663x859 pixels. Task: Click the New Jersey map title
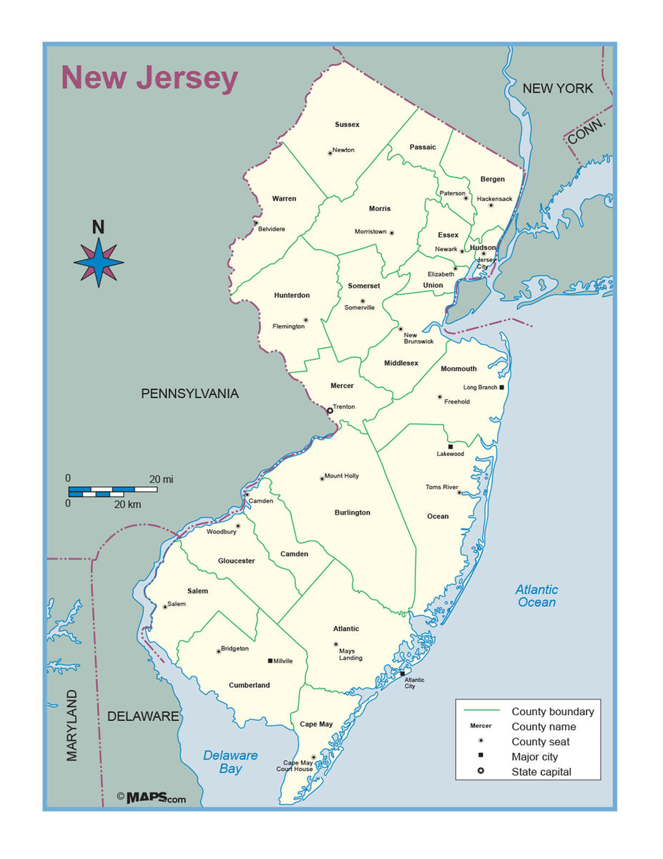(x=149, y=78)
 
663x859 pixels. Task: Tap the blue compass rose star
(x=99, y=263)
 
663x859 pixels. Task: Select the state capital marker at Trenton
(x=330, y=410)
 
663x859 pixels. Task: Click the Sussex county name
(x=347, y=125)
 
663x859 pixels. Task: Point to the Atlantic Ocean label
(x=536, y=596)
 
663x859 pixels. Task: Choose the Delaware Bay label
(x=230, y=762)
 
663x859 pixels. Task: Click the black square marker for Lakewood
(x=450, y=447)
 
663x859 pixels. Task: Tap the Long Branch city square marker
(x=502, y=387)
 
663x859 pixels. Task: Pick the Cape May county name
(x=316, y=724)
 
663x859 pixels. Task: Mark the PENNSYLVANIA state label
(x=190, y=394)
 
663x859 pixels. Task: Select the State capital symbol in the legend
(x=481, y=772)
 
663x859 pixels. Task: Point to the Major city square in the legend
(x=481, y=757)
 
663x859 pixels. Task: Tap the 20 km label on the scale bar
(x=127, y=504)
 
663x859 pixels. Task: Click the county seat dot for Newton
(x=330, y=152)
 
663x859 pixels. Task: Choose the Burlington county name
(x=353, y=513)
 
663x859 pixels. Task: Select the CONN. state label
(x=587, y=132)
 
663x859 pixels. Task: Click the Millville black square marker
(x=270, y=661)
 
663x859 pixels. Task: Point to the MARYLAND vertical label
(x=72, y=724)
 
